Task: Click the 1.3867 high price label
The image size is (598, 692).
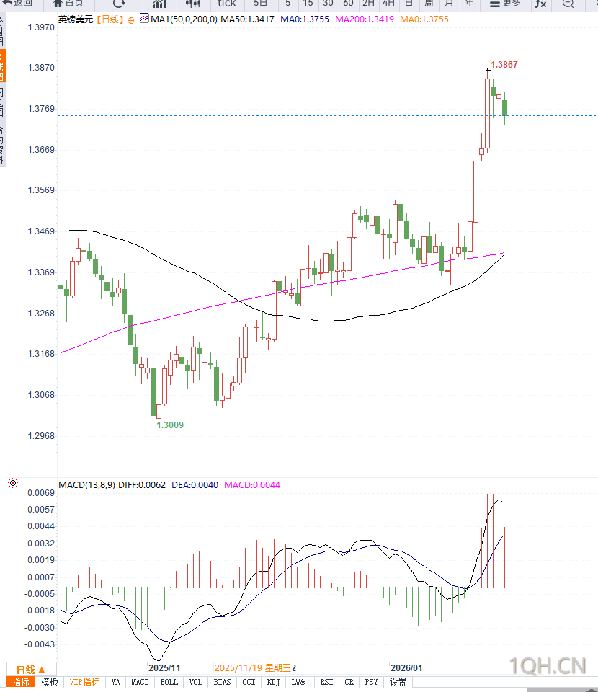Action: pyautogui.click(x=504, y=65)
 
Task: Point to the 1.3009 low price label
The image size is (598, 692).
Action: pyautogui.click(x=170, y=425)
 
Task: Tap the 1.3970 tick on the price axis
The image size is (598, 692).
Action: pyautogui.click(x=40, y=27)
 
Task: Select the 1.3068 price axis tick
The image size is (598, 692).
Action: pyautogui.click(x=40, y=395)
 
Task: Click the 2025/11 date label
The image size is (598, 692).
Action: pyautogui.click(x=164, y=668)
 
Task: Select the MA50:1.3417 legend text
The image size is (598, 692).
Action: pyautogui.click(x=247, y=19)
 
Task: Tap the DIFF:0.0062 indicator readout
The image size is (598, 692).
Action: pyautogui.click(x=143, y=485)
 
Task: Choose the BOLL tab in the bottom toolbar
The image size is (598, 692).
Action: pyautogui.click(x=169, y=682)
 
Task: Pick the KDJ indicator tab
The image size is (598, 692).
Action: pyautogui.click(x=273, y=682)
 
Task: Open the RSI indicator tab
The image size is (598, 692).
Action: pyautogui.click(x=326, y=682)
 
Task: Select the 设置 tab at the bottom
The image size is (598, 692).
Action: pyautogui.click(x=398, y=682)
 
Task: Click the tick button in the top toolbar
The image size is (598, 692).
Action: pyautogui.click(x=227, y=4)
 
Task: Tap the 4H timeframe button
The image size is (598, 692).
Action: pyautogui.click(x=388, y=4)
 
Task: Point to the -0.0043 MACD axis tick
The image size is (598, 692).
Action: pyautogui.click(x=42, y=644)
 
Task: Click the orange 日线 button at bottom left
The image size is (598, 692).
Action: pyautogui.click(x=30, y=670)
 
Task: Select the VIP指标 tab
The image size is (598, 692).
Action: pyautogui.click(x=84, y=682)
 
